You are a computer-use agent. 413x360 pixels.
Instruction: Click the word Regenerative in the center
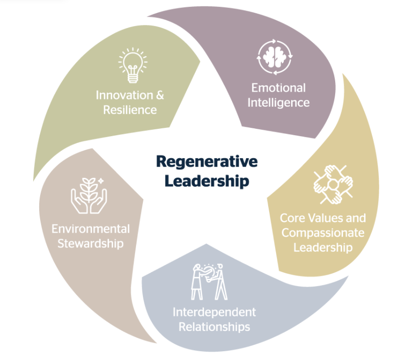click(x=206, y=162)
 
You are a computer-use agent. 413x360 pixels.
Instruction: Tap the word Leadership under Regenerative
click(x=206, y=181)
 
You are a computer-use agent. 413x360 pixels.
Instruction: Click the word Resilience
click(x=130, y=110)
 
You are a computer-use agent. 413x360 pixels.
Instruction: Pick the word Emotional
click(x=278, y=88)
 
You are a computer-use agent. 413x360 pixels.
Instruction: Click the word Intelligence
click(x=278, y=103)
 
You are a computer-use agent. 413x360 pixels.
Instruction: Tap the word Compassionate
click(x=322, y=232)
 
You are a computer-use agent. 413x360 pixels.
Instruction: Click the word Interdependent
click(x=214, y=312)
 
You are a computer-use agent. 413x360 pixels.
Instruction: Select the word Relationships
click(x=214, y=326)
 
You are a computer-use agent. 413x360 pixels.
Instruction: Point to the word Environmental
click(x=91, y=229)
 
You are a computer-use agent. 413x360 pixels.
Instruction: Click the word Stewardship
click(x=91, y=243)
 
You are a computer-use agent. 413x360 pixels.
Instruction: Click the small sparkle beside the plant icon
click(x=101, y=181)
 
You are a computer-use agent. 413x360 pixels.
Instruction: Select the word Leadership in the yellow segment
click(x=322, y=247)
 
